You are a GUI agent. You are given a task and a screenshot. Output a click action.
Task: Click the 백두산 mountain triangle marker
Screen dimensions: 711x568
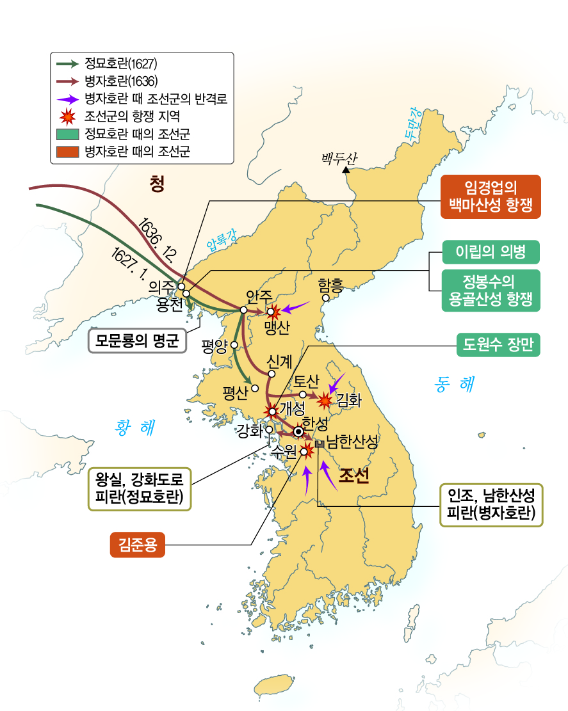(x=346, y=170)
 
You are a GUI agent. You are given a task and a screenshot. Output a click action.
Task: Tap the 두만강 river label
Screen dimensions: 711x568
(x=405, y=122)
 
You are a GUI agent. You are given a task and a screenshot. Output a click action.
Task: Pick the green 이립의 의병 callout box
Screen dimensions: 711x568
(x=491, y=251)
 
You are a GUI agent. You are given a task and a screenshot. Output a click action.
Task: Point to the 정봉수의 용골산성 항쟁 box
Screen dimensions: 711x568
(x=491, y=290)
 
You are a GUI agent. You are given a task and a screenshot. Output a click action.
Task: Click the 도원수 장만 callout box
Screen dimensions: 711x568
(x=498, y=346)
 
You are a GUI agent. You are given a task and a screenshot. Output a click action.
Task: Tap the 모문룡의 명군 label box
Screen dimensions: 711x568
(x=136, y=340)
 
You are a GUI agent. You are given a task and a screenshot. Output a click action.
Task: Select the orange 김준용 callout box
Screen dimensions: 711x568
(x=137, y=545)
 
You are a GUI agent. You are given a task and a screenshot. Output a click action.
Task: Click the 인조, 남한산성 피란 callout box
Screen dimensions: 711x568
(x=491, y=504)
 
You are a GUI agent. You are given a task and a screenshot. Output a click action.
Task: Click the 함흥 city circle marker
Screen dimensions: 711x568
(x=326, y=298)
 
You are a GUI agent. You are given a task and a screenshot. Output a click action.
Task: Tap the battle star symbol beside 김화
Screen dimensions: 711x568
(x=325, y=400)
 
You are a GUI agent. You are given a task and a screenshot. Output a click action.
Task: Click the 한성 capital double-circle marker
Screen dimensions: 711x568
(x=298, y=431)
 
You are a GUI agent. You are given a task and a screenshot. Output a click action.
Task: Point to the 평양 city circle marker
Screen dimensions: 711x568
(x=235, y=345)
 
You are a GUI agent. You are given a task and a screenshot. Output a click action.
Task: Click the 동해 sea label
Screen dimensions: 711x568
(x=453, y=384)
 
